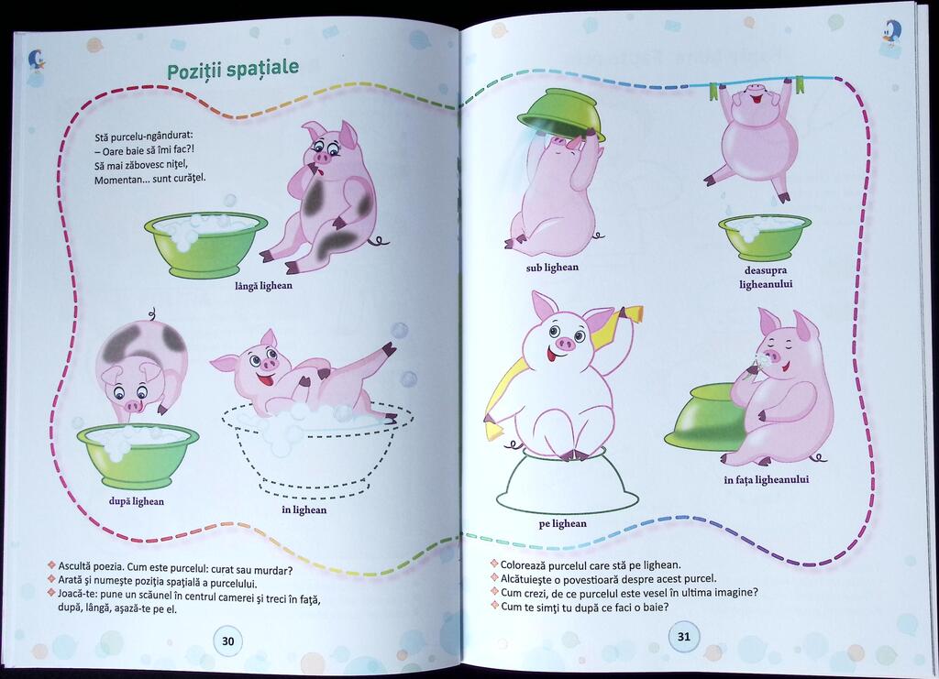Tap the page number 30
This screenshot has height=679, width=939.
click(228, 641)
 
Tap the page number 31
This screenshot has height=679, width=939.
click(684, 637)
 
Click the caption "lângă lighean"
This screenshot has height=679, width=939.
click(263, 285)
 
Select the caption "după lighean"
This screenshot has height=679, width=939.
click(137, 501)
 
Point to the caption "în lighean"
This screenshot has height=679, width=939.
click(304, 509)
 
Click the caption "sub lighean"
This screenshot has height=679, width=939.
click(552, 268)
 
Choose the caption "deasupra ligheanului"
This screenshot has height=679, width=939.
click(766, 277)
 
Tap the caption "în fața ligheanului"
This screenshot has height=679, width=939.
click(767, 480)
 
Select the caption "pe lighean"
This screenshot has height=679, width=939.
click(562, 524)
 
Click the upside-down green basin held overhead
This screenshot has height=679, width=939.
click(562, 115)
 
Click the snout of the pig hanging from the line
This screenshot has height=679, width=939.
click(753, 92)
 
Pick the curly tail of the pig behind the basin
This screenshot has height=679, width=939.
click(153, 314)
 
